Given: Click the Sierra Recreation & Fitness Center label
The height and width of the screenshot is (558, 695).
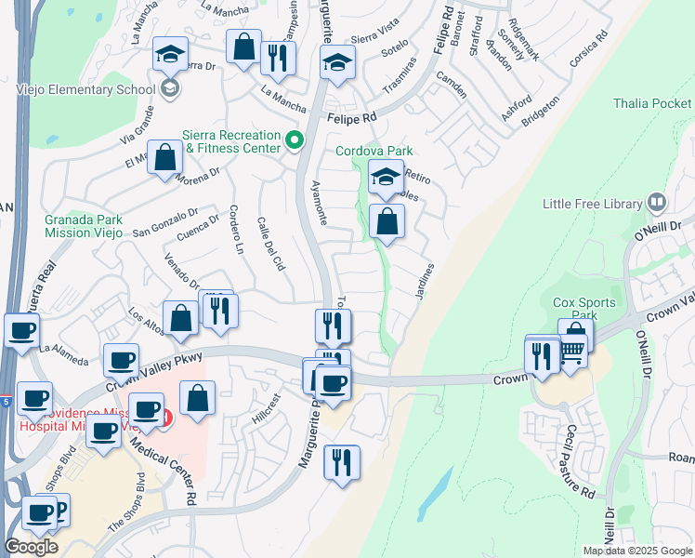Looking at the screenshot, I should pos(233,140).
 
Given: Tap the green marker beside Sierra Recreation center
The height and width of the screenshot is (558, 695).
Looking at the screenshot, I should pos(295,141).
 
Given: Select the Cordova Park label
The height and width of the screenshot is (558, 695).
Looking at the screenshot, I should pos(374,150).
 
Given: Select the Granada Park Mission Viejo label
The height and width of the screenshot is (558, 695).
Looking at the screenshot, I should pos(84,226).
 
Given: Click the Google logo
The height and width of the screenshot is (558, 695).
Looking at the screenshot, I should pos(31,547).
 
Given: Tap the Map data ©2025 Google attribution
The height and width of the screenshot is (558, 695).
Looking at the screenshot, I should pos(636,551).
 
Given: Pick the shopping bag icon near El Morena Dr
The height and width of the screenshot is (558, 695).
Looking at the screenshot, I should pos(164,158).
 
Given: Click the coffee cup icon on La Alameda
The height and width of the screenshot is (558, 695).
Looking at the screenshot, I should pos(21,329).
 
